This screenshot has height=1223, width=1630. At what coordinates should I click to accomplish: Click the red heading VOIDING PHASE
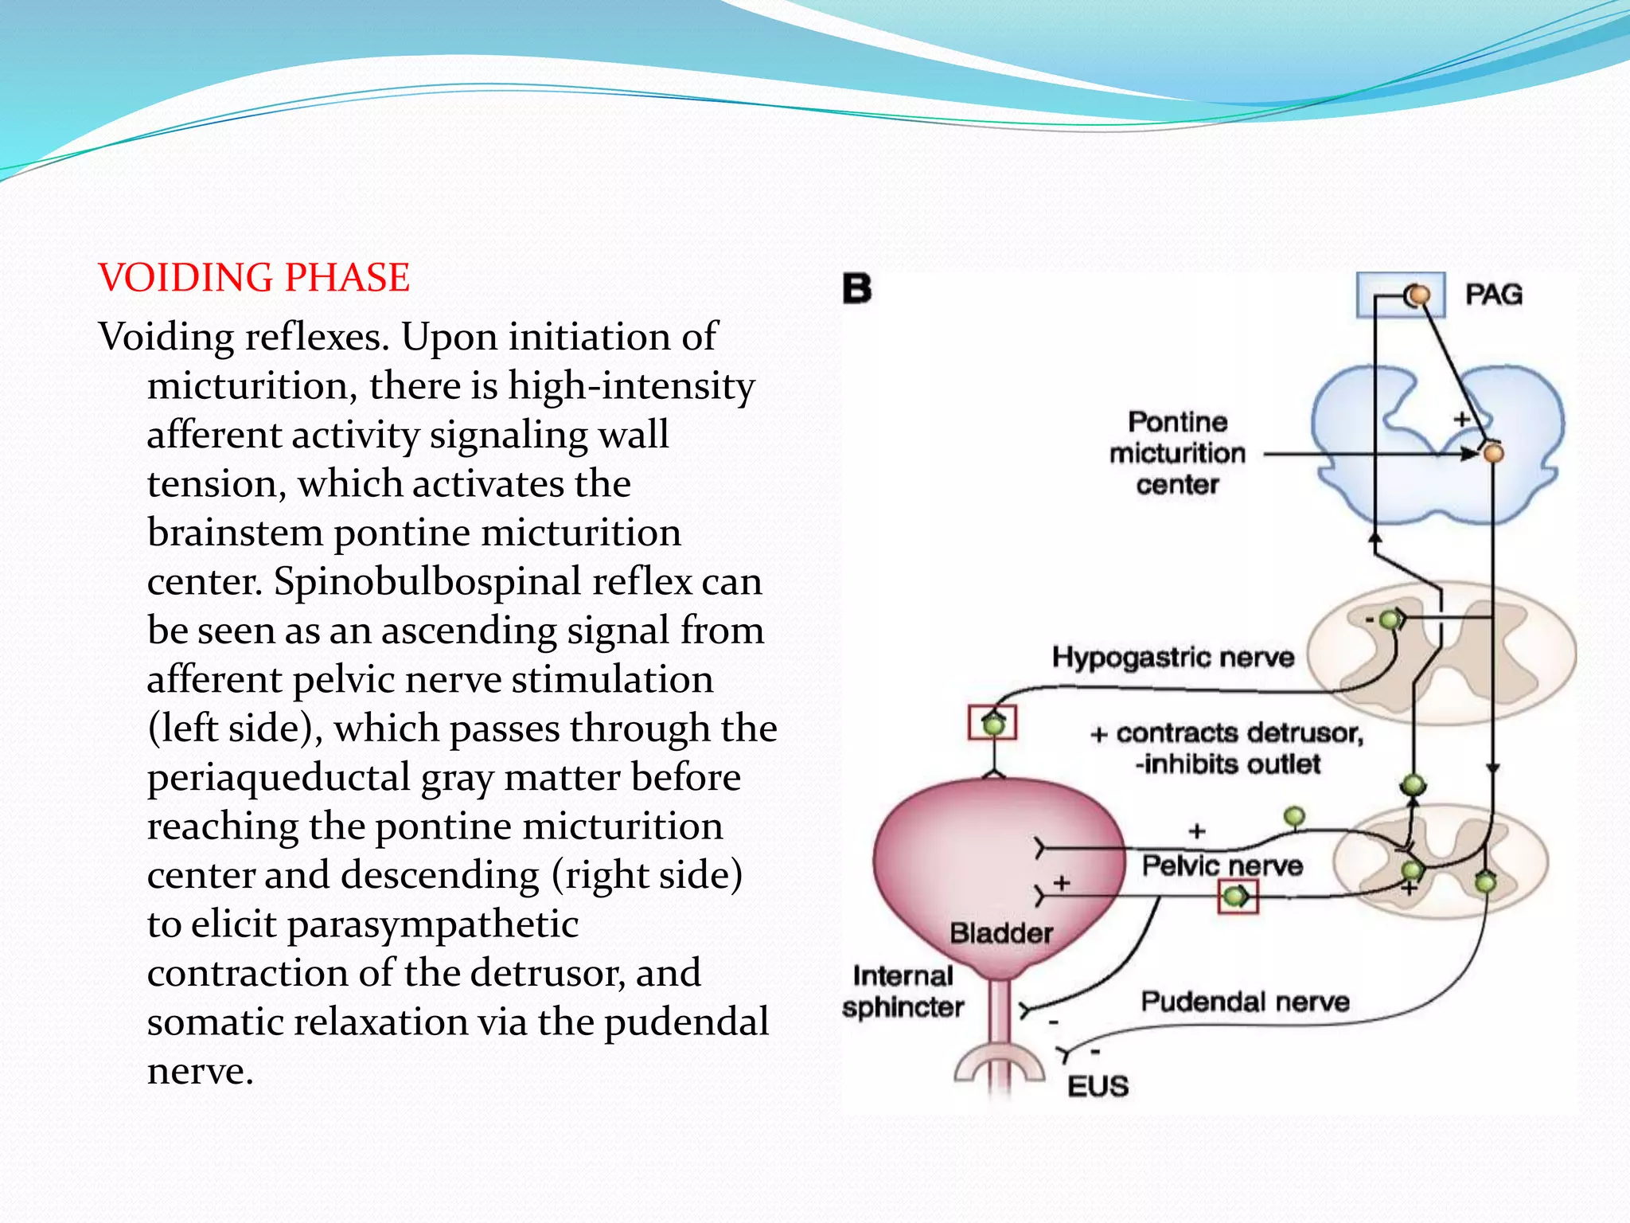[x=254, y=278]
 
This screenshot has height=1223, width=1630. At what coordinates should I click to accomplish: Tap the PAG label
[x=1494, y=295]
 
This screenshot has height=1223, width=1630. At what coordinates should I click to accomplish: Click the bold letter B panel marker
[x=857, y=288]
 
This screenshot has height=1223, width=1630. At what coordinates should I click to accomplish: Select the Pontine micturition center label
[x=1177, y=453]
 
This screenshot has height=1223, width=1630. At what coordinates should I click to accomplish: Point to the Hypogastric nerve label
[x=1172, y=658]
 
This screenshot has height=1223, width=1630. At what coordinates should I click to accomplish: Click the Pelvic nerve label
[x=1222, y=865]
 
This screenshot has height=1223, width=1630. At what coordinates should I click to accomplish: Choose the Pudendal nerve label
[x=1245, y=1002]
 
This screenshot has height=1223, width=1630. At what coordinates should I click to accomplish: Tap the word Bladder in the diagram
[x=1001, y=933]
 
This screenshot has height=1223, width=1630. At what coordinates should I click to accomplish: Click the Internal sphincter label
[x=903, y=991]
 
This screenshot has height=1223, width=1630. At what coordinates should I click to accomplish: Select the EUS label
[x=1098, y=1086]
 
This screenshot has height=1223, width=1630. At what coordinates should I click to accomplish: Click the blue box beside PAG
[x=1400, y=295]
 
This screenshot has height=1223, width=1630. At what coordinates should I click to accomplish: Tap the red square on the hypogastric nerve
[x=992, y=723]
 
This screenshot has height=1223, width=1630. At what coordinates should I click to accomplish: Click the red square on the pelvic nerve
[x=1238, y=897]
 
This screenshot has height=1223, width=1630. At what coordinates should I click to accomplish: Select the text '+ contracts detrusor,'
[x=1226, y=733]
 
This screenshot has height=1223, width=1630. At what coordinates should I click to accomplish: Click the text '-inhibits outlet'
[x=1227, y=764]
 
